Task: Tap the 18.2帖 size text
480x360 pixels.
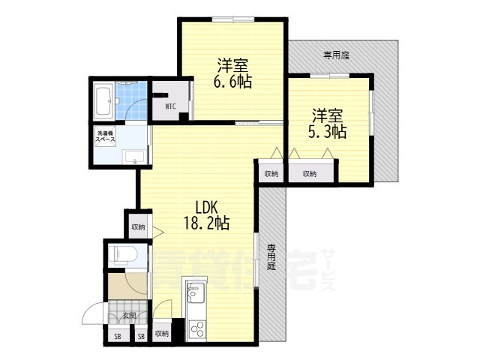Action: (x=206, y=223)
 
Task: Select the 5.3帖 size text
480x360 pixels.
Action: (x=328, y=132)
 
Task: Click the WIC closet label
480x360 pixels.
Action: (x=170, y=106)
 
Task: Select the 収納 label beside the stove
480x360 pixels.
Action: (x=162, y=334)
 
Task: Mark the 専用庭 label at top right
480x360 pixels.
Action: (x=337, y=55)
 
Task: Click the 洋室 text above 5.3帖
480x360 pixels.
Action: (x=328, y=115)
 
